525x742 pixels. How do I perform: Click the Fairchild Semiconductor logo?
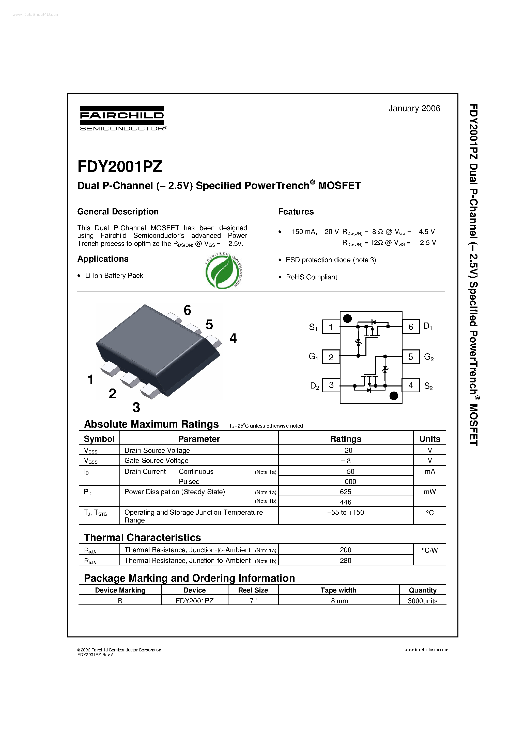(x=122, y=118)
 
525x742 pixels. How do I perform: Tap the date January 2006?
(x=414, y=109)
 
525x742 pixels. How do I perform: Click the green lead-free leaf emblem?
(x=224, y=271)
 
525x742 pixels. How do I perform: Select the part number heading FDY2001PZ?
(x=119, y=167)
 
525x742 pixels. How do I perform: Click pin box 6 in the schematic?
(x=410, y=327)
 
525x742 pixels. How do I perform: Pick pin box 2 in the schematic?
(x=331, y=357)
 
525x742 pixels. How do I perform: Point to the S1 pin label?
(x=313, y=327)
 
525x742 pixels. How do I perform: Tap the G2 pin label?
(x=428, y=357)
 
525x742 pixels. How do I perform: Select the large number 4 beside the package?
(x=233, y=338)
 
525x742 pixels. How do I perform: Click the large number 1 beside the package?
(x=91, y=379)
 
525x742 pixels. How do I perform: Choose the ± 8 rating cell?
(x=345, y=461)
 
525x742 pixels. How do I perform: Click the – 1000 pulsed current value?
(x=345, y=482)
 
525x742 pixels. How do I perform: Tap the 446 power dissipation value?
(x=345, y=502)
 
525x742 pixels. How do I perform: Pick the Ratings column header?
(x=345, y=439)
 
